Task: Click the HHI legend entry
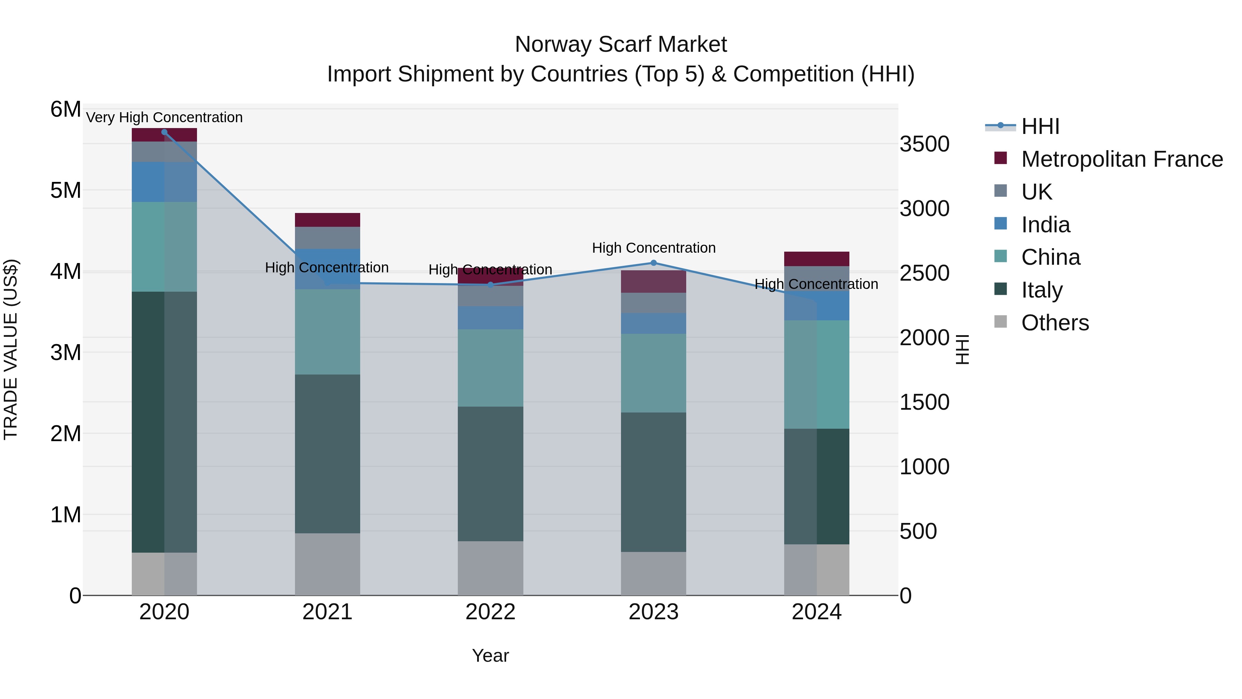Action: click(x=1039, y=126)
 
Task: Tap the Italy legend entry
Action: click(x=1042, y=290)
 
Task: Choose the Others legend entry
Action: click(x=1054, y=323)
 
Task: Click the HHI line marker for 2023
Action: click(x=653, y=263)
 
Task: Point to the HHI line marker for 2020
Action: click(x=165, y=132)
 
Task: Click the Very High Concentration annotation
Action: click(x=165, y=117)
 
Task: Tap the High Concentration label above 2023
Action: click(x=653, y=248)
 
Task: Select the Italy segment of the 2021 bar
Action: click(x=327, y=454)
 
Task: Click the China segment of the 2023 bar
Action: click(x=653, y=373)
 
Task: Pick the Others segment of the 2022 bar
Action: click(x=490, y=568)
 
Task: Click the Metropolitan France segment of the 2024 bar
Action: click(x=816, y=259)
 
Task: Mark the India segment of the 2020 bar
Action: click(x=165, y=182)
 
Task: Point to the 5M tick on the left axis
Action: click(x=66, y=191)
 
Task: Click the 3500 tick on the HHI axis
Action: click(x=924, y=144)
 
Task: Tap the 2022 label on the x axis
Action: click(x=490, y=612)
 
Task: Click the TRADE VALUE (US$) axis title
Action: click(x=11, y=349)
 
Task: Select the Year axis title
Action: click(x=490, y=656)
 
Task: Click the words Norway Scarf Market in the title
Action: click(x=621, y=45)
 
